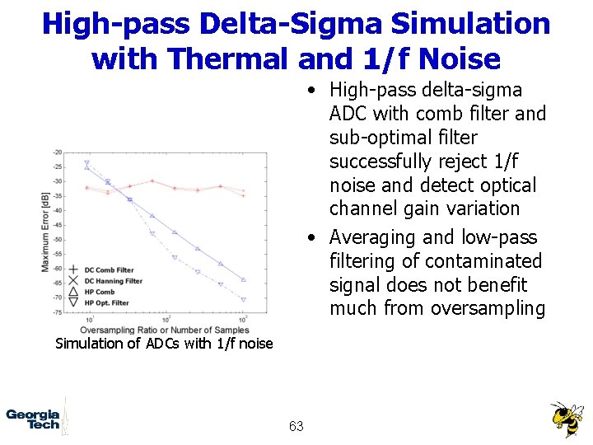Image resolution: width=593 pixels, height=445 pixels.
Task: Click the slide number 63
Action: pyautogui.click(x=296, y=426)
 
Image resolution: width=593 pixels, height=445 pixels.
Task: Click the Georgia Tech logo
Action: pyautogui.click(x=34, y=419)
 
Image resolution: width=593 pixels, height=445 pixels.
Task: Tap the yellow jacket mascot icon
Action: pyautogui.click(x=567, y=419)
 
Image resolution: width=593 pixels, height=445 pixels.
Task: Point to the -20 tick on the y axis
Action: pyautogui.click(x=57, y=152)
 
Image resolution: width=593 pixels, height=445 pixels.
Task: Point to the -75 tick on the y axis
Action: pyautogui.click(x=57, y=312)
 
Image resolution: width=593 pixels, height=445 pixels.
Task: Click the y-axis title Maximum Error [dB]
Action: pyautogui.click(x=45, y=232)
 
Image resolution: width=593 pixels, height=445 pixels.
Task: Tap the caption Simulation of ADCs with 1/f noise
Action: pyautogui.click(x=163, y=344)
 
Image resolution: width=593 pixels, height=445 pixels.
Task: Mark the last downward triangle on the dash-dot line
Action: pyautogui.click(x=243, y=300)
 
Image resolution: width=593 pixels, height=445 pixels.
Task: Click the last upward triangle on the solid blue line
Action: pyautogui.click(x=243, y=280)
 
